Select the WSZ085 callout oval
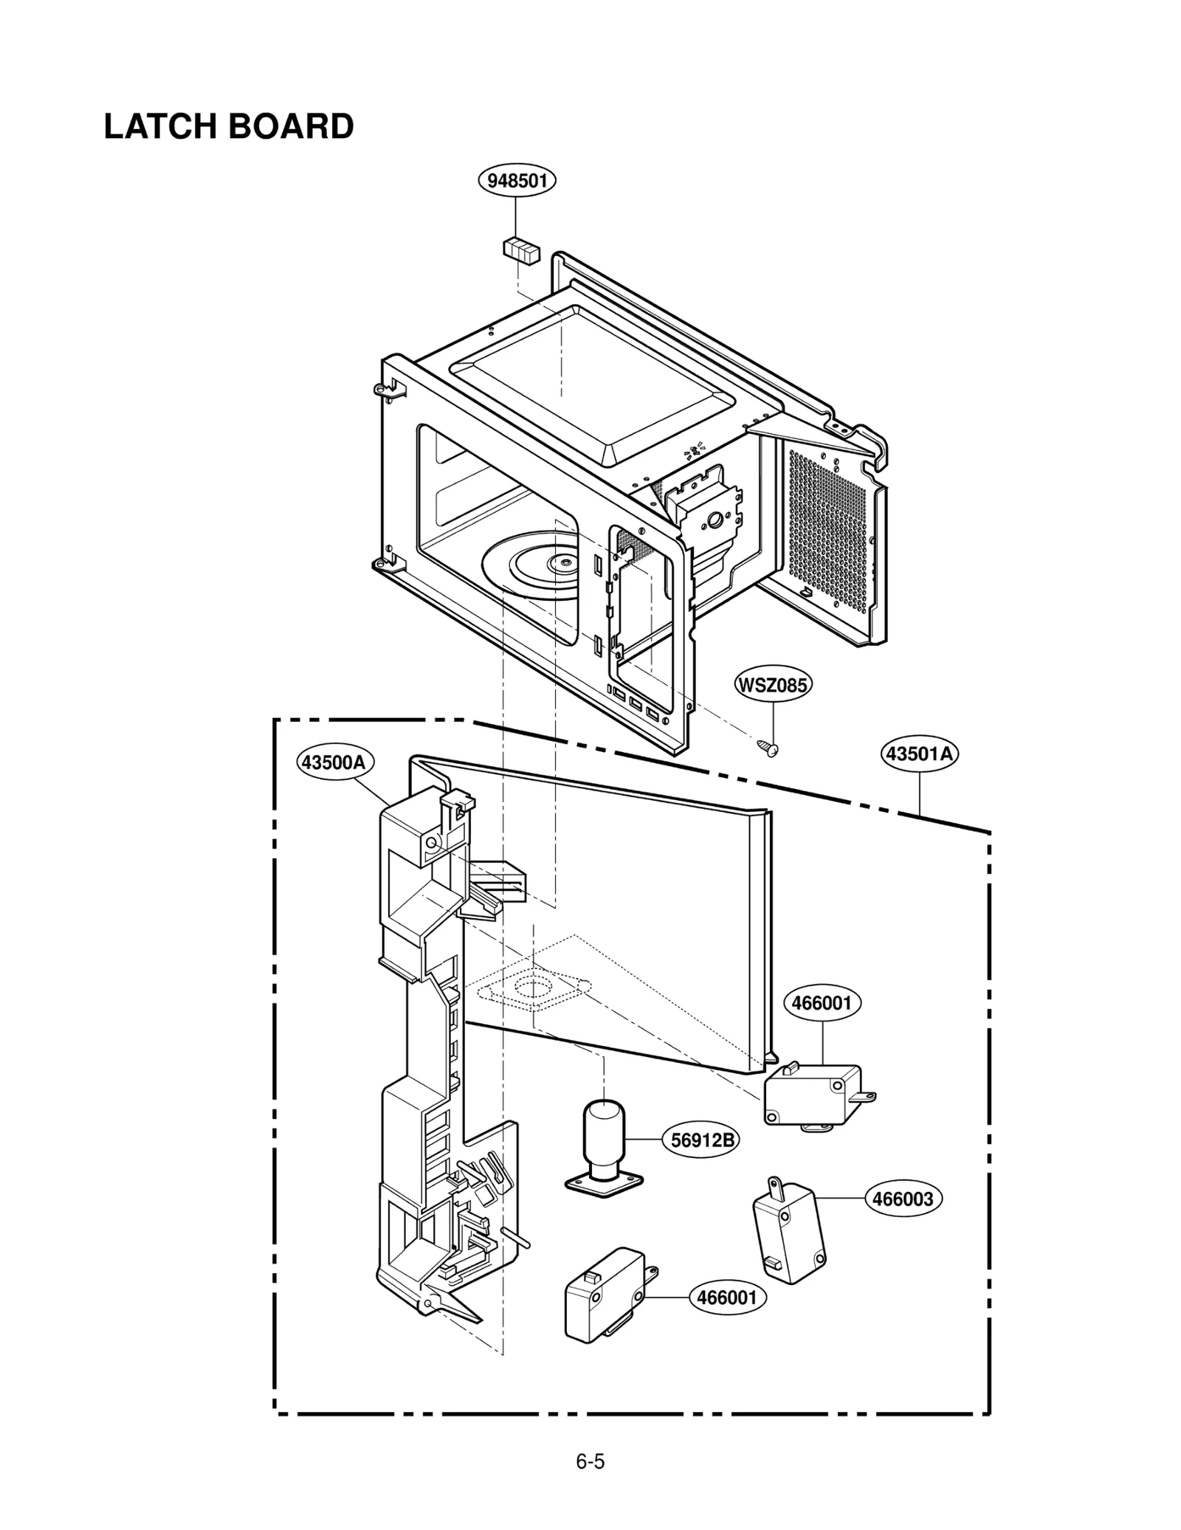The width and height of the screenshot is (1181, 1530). tap(773, 685)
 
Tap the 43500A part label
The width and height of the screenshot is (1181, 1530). tap(334, 762)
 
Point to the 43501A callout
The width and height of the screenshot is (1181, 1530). tap(920, 754)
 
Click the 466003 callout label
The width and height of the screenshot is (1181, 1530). tap(903, 1199)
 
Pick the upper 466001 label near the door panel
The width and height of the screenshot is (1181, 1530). tap(822, 1003)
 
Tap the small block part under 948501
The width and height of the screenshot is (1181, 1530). tap(521, 249)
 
